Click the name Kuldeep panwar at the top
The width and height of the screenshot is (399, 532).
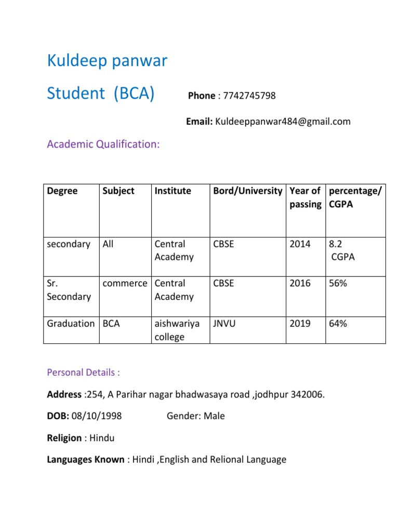point(107,61)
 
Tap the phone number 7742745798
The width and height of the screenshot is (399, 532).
point(248,96)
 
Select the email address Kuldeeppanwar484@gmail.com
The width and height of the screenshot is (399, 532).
point(283,122)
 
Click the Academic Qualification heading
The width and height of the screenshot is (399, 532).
point(103,144)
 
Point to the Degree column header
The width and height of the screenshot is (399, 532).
point(62,191)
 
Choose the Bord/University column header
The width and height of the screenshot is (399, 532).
point(247,191)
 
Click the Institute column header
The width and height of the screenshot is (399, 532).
point(172,191)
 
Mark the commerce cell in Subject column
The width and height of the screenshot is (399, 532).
point(125,284)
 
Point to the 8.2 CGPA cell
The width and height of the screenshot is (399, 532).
point(340,250)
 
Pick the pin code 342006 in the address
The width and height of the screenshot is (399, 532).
point(307,394)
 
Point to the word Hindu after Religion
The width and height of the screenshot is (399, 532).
point(102,438)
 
